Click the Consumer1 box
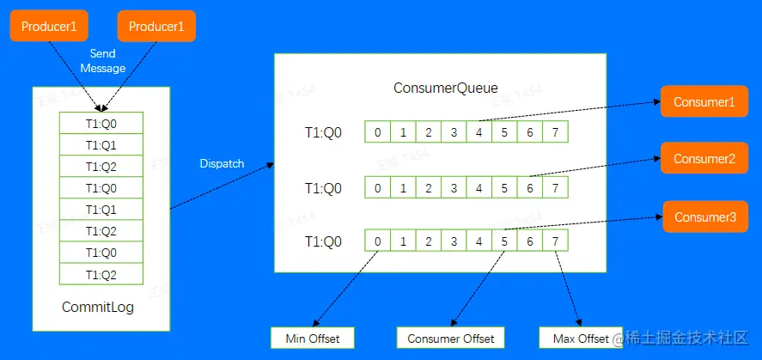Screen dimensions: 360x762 click(x=704, y=102)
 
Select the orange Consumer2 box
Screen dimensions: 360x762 click(x=704, y=159)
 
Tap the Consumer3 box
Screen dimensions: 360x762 click(x=704, y=217)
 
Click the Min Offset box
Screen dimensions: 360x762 click(x=312, y=339)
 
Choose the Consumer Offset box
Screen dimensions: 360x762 click(x=450, y=339)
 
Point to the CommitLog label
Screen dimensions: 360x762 click(x=98, y=307)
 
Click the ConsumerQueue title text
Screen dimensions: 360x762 click(x=445, y=88)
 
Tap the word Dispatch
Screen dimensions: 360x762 click(x=222, y=163)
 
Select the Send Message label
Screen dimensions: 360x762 click(x=108, y=61)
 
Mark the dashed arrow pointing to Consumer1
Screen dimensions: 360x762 click(x=567, y=111)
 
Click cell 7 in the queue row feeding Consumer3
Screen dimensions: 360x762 click(x=556, y=241)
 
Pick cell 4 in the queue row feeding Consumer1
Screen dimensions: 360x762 click(x=479, y=133)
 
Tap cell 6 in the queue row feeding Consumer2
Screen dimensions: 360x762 click(x=530, y=188)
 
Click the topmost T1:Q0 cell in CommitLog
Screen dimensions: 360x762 click(x=101, y=123)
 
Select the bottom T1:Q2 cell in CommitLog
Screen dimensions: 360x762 click(x=101, y=274)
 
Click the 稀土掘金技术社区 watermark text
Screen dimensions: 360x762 click(x=688, y=339)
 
